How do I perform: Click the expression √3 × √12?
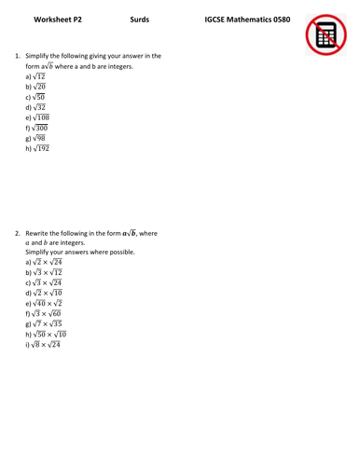coord(48,272)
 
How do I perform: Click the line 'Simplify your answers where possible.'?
coord(80,252)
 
